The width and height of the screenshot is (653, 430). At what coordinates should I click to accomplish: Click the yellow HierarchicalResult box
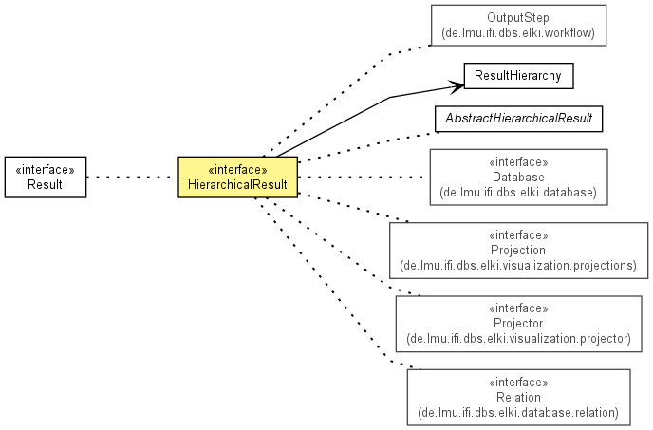pos(238,178)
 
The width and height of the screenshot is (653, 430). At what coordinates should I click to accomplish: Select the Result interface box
pos(46,178)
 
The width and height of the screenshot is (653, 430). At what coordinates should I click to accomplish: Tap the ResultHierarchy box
pos(518,76)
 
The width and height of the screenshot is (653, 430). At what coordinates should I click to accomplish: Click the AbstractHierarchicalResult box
pos(518,119)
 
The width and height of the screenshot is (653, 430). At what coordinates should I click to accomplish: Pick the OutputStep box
pos(518,26)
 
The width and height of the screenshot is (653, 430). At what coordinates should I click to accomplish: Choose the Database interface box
pos(518,178)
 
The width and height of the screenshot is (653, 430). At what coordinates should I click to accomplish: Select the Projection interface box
pos(518,251)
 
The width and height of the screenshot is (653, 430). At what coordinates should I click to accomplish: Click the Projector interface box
pos(518,324)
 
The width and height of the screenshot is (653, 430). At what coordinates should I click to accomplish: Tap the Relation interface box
pos(518,397)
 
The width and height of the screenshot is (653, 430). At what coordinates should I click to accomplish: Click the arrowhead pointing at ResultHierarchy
pos(457,85)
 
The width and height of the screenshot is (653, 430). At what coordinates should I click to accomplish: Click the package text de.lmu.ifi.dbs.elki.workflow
pos(518,33)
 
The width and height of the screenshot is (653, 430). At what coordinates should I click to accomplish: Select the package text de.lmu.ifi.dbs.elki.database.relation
pos(518,413)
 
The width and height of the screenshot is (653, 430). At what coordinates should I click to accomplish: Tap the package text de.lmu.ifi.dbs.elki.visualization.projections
pos(518,266)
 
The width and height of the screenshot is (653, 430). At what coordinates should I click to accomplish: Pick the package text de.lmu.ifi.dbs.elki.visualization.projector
pos(518,338)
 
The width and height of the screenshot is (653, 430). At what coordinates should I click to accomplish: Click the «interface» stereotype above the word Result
pos(45,170)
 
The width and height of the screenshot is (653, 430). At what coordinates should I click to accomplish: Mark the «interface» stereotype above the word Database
pos(518,162)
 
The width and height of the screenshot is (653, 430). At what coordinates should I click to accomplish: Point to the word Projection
pos(518,250)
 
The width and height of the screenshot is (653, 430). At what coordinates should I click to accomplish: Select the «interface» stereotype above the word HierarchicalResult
pos(237,170)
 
